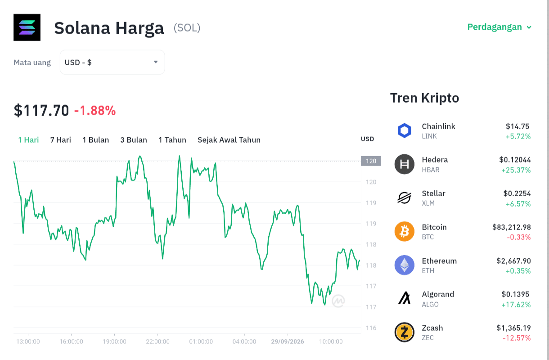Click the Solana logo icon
(27, 27)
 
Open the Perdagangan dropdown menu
(499, 27)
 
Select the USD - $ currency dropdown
(112, 62)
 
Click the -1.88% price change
(95, 111)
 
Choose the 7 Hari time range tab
(61, 140)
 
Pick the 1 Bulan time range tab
(96, 140)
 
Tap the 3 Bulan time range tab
(134, 140)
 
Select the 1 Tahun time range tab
(172, 140)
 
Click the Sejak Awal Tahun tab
(229, 140)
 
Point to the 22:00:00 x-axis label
(157, 342)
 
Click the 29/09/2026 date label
(288, 342)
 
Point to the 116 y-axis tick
(371, 328)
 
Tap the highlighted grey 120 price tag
(371, 161)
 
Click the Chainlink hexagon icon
(405, 130)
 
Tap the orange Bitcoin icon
(405, 232)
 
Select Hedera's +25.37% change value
(516, 170)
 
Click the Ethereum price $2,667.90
(514, 261)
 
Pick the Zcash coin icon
(405, 332)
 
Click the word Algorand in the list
(438, 294)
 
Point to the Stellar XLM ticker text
(428, 203)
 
